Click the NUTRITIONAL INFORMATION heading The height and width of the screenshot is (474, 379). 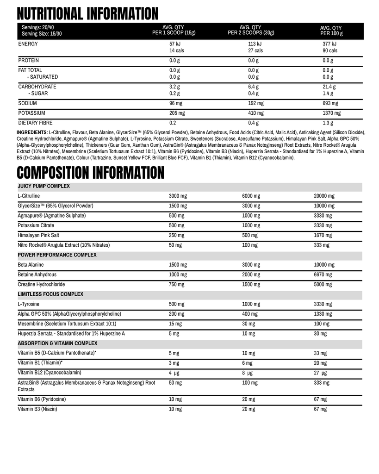(x=87, y=13)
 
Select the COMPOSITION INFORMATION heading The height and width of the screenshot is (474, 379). (x=90, y=173)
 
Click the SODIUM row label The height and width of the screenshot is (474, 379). (x=27, y=103)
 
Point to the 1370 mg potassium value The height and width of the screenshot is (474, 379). (x=331, y=113)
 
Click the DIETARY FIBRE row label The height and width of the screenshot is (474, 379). (x=35, y=123)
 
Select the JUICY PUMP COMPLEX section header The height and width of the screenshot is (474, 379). (x=43, y=186)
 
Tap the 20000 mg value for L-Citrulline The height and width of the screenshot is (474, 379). (x=323, y=196)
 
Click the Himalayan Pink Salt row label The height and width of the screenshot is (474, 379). (x=38, y=235)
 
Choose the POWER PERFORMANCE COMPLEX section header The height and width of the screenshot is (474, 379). (x=57, y=255)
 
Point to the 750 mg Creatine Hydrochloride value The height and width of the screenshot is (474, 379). (x=176, y=284)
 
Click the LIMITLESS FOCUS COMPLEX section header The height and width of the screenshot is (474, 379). (x=50, y=294)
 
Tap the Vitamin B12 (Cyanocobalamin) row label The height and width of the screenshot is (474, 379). (x=50, y=373)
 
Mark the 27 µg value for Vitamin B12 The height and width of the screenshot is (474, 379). (x=320, y=373)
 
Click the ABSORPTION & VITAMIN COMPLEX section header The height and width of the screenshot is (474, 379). (x=57, y=343)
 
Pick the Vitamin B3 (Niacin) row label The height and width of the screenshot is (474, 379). (x=37, y=409)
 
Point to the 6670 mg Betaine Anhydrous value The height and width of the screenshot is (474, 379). (x=322, y=274)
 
